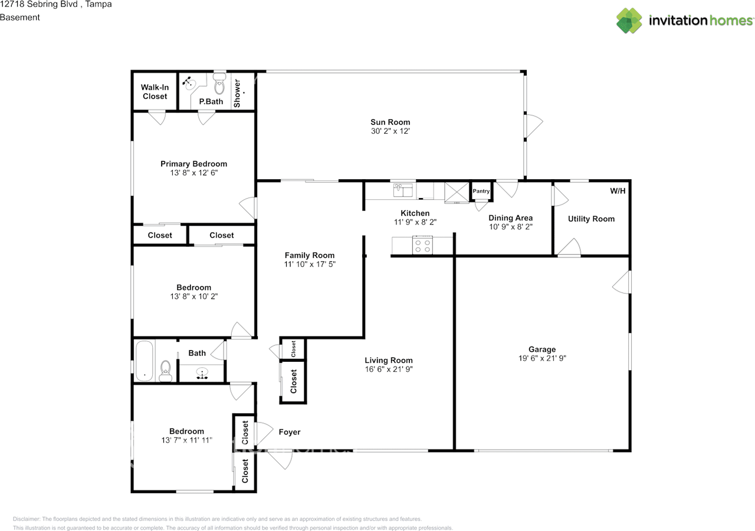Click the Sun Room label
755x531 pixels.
point(390,122)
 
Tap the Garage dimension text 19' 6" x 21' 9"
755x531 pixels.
point(542,358)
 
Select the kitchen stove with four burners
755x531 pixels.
point(422,245)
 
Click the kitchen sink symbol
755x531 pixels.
point(403,190)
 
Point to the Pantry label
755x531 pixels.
point(481,191)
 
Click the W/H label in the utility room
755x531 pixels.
point(618,191)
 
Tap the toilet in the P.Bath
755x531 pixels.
point(219,84)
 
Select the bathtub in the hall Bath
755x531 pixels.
point(145,361)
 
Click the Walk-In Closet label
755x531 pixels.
point(155,91)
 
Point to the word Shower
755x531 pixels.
point(237,93)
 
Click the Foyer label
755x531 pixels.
point(289,432)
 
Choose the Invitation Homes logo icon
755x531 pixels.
point(629,21)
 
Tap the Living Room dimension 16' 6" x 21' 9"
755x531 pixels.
point(389,369)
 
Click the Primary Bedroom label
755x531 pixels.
point(194,164)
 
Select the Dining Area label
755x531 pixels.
point(511,218)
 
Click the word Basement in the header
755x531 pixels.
point(20,17)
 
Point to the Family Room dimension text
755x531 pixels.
point(310,265)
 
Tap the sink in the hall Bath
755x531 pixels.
point(202,373)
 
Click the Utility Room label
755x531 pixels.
point(591,219)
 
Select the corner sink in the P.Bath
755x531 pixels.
point(188,83)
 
